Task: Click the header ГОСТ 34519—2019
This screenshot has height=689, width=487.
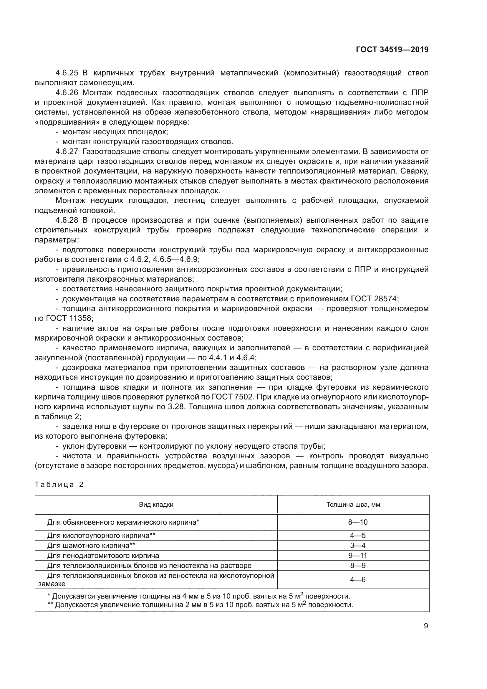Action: click(x=392, y=49)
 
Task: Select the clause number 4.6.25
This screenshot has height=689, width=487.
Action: click(x=67, y=73)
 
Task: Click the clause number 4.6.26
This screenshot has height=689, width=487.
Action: click(x=67, y=93)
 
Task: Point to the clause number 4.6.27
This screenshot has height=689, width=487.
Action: click(x=67, y=151)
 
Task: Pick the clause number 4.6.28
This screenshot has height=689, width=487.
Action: click(x=67, y=220)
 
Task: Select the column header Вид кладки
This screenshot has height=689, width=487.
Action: click(x=156, y=504)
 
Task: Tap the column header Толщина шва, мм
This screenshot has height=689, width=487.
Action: click(x=353, y=504)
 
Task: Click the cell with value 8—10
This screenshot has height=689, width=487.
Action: click(x=358, y=522)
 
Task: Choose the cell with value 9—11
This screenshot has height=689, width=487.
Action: click(x=358, y=555)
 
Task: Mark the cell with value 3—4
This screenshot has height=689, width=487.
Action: click(x=358, y=545)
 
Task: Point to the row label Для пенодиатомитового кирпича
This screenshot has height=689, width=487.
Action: click(x=103, y=555)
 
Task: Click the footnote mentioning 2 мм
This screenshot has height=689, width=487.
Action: click(x=200, y=605)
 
